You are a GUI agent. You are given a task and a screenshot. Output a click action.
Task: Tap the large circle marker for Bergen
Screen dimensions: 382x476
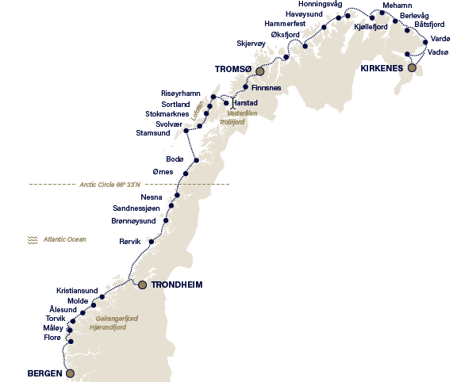(x=70, y=372)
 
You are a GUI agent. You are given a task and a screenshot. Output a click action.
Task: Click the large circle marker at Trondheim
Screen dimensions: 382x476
(x=142, y=285)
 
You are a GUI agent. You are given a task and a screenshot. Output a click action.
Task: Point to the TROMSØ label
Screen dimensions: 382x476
(x=232, y=70)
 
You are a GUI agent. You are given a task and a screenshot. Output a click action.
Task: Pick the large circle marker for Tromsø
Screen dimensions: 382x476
(x=259, y=71)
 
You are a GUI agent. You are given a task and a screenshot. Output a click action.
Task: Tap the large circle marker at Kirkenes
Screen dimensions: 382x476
(x=411, y=68)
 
